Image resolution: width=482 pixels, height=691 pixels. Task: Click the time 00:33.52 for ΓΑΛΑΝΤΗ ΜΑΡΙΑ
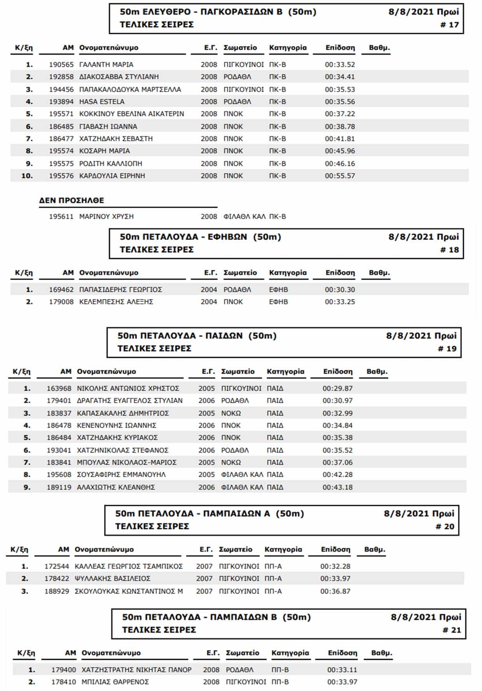[340, 65]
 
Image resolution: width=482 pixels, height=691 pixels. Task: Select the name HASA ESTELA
[102, 101]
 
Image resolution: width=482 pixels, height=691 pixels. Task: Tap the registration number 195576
[61, 176]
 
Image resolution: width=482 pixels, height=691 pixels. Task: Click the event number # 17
[449, 25]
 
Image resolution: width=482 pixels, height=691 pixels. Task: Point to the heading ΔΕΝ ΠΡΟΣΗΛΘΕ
[72, 201]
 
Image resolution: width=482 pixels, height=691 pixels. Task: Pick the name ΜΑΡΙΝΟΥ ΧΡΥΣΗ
[106, 217]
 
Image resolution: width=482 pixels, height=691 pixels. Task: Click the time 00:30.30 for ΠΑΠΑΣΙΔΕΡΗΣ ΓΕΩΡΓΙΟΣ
[340, 290]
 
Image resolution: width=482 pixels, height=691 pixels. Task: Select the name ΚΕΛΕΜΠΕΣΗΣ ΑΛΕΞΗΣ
[116, 302]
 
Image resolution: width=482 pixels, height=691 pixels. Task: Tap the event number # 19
[447, 349]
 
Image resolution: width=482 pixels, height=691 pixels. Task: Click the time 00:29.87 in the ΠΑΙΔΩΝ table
[337, 388]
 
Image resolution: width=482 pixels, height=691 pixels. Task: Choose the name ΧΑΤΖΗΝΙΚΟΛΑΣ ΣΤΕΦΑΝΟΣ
[122, 450]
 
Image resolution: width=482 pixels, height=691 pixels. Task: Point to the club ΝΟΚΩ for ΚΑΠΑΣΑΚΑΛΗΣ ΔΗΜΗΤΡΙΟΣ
[231, 413]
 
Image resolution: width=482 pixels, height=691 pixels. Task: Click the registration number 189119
[59, 487]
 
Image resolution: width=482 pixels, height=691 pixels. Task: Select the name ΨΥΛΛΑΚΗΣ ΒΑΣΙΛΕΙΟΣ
[112, 579]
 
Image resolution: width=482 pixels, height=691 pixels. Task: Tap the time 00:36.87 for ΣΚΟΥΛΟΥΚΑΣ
[335, 591]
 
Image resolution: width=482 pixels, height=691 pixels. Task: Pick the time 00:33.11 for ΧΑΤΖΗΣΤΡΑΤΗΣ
[342, 670]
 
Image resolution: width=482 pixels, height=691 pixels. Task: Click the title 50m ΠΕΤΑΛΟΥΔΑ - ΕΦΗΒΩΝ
[200, 237]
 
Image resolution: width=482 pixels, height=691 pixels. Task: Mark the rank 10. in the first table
[27, 176]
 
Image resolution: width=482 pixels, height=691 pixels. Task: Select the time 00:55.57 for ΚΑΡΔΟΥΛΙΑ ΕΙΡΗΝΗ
[340, 176]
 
